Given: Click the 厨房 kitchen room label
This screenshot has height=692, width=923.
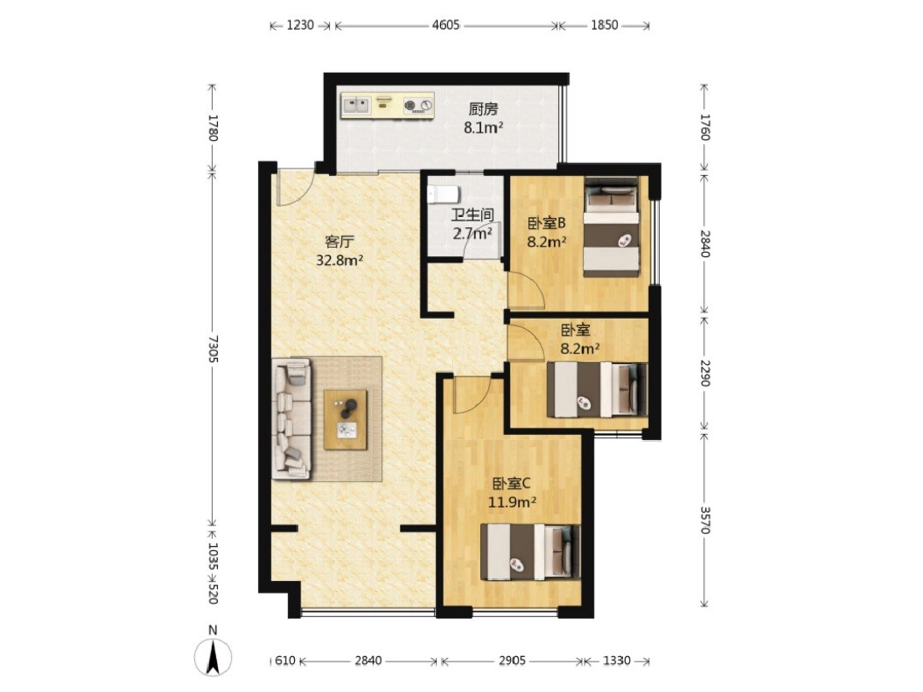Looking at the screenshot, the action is pos(483,108).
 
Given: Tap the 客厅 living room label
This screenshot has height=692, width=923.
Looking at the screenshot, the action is pos(339,241).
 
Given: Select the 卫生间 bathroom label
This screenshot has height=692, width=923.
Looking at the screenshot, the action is pos(472,214).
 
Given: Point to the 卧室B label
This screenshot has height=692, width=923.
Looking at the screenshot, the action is pos(546,223).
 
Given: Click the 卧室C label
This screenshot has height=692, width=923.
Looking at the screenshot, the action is pos(512,484).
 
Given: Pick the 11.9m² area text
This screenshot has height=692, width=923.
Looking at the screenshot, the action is pos(512,502).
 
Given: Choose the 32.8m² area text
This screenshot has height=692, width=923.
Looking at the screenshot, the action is pos(339,260).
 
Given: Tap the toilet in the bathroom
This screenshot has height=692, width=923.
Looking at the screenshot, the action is pos(442,193).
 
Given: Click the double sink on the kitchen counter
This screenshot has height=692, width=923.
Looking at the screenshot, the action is pos(356,105).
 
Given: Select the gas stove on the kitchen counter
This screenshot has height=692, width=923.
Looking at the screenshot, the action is pos(418,106).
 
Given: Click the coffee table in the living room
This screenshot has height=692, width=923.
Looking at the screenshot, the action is pos(345,419).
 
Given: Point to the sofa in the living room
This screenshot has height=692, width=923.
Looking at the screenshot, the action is pos(292,419).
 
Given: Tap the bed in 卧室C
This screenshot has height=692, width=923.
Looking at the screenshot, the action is pos(531,551).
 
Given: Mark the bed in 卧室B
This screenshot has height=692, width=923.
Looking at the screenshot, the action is pos(612,226).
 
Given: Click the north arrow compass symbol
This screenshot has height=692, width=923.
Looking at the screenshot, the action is pos(213,655).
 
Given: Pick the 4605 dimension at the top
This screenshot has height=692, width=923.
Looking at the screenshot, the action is pos(445,26).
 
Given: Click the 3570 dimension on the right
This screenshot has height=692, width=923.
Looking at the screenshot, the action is pos(704,519).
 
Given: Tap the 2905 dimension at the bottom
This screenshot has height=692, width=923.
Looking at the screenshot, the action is pos(512,660).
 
